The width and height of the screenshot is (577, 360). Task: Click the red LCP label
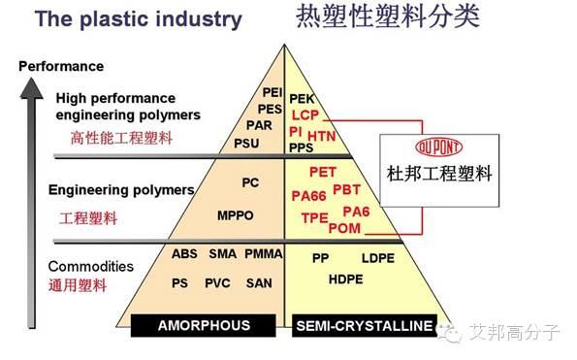coord(305,115)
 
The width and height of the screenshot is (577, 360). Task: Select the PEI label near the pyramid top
coord(272,92)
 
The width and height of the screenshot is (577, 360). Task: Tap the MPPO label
coord(235,215)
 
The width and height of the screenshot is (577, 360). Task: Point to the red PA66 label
coord(308,196)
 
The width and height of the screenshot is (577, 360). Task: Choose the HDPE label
coord(345,279)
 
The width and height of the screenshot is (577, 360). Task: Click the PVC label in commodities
coord(217,283)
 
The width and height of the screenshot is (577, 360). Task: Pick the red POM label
coord(344,228)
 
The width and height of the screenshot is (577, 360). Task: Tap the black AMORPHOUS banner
coord(203,325)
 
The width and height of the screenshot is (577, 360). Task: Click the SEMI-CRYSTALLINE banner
coord(365,326)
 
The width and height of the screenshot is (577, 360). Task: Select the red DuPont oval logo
coord(438,147)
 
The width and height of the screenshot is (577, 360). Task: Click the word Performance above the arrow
coord(61,66)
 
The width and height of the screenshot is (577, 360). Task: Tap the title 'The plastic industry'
coord(139,19)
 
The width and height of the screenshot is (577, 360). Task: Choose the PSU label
coord(246,144)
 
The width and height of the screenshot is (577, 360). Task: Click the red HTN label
coord(322,136)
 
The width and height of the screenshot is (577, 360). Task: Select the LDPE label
coord(378,258)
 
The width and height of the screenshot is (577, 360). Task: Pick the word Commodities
coord(90,266)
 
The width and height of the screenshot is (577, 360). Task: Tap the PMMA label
coord(264,253)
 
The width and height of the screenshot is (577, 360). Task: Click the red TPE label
coord(314,218)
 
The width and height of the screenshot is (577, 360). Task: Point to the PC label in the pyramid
coord(250,182)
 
